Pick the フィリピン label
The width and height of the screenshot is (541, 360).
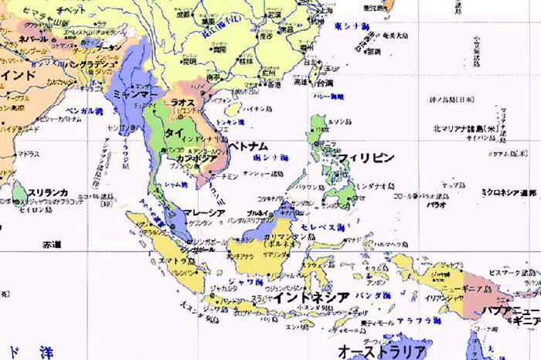[366, 158]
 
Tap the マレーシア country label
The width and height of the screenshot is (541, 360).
[204, 212]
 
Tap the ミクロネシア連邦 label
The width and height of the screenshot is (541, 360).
[508, 191]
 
